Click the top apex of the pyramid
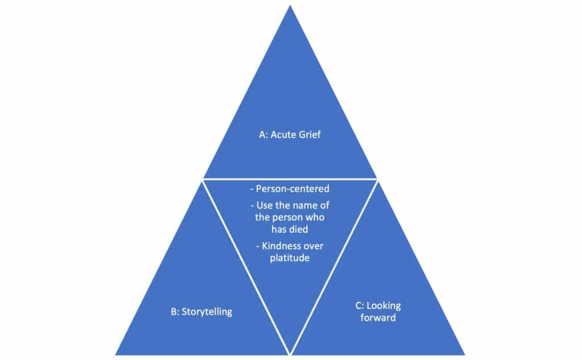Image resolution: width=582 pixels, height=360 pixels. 290,6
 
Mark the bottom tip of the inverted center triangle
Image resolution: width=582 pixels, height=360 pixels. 290,354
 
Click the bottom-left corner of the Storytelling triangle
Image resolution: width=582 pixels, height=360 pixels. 116,354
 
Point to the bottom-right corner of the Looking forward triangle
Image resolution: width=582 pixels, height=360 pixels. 464,354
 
